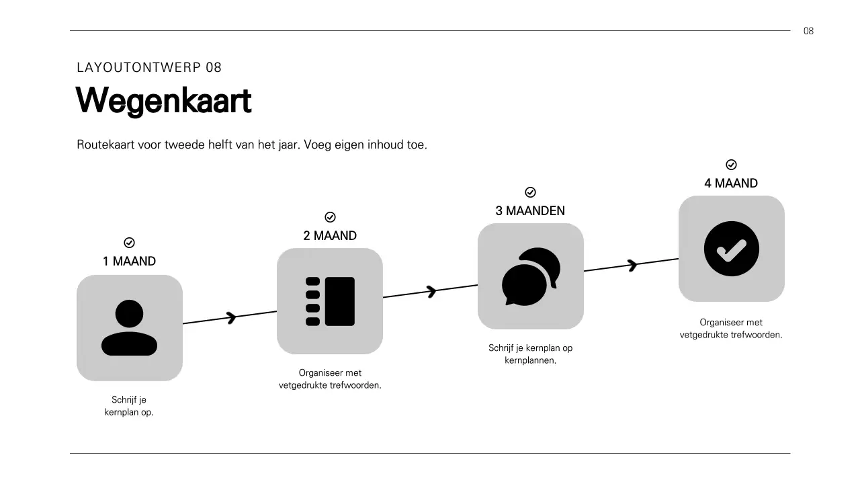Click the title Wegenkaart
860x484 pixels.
[163, 101]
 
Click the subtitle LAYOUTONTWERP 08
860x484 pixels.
[149, 67]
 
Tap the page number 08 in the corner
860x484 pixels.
[808, 31]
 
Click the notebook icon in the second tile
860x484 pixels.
[330, 301]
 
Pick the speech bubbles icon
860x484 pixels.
[531, 276]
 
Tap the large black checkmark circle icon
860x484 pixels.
[731, 249]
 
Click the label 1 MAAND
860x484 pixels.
[129, 261]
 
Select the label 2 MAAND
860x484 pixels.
[330, 236]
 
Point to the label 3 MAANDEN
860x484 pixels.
[530, 211]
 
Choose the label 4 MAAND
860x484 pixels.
[731, 184]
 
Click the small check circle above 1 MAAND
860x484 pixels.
[130, 243]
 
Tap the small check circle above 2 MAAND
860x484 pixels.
[330, 217]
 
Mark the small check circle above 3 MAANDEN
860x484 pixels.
[530, 192]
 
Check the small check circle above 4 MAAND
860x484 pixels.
[731, 165]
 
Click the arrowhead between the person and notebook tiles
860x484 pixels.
[231, 317]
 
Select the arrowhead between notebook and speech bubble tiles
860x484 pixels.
[431, 291]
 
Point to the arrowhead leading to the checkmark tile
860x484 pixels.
[632, 265]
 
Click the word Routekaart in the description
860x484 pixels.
[105, 145]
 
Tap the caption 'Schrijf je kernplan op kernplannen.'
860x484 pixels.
[530, 354]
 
